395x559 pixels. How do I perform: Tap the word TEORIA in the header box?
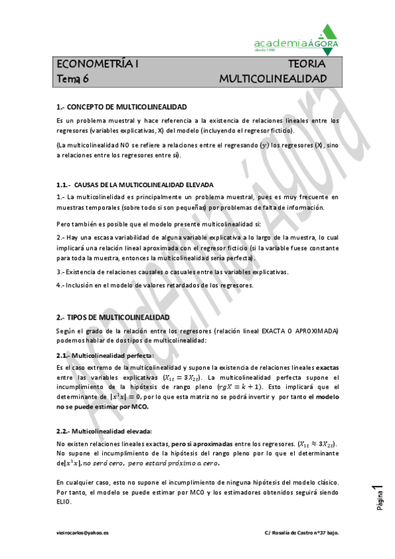click(x=307, y=65)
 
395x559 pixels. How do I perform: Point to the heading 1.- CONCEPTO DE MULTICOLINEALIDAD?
click(x=122, y=106)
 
